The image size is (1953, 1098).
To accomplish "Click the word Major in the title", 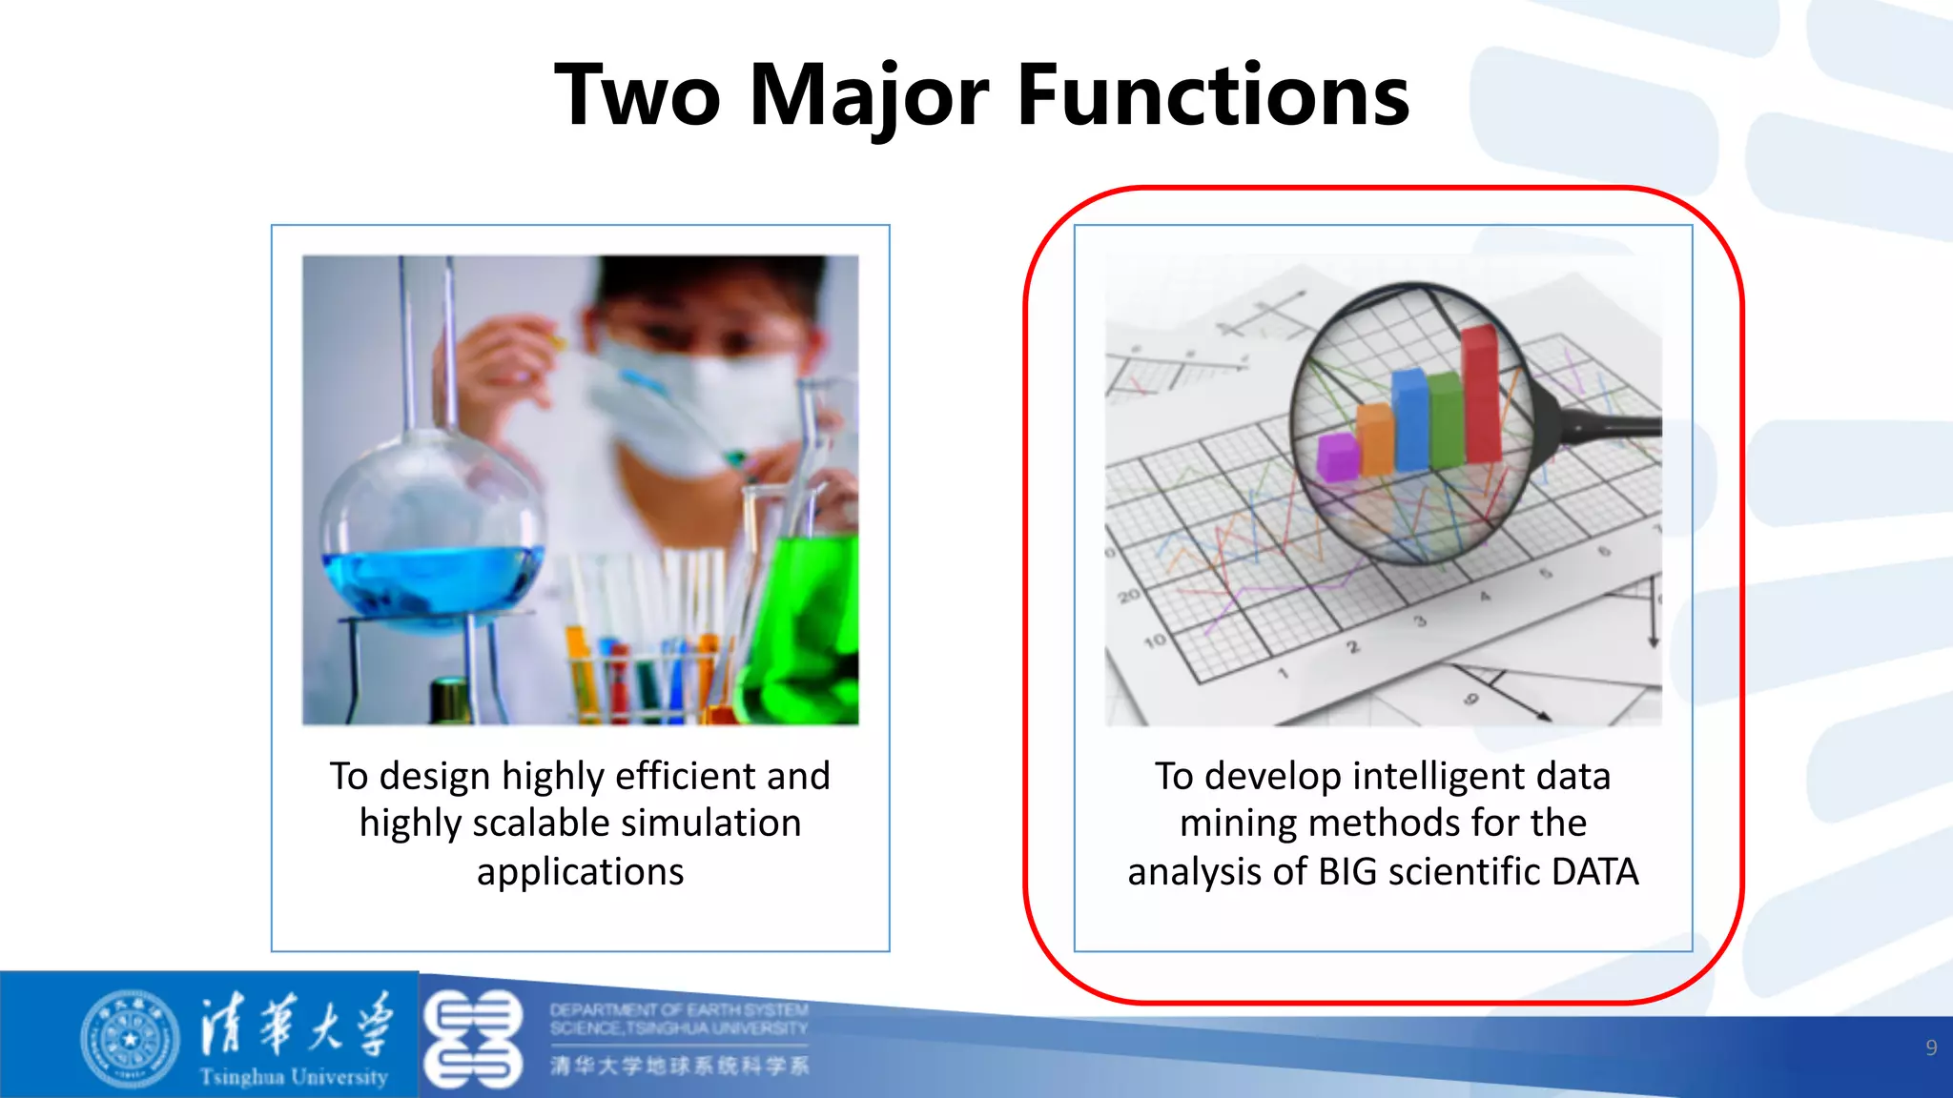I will point(869,95).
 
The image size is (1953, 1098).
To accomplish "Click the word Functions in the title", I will point(1213,95).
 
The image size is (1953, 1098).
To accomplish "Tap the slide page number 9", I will point(1931,1047).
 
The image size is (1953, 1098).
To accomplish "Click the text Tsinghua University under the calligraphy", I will point(294,1077).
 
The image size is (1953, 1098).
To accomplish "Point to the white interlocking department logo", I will point(473,1039).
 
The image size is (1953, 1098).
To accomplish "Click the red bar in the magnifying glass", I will point(1480,393).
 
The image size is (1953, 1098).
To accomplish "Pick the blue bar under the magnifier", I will point(1409,419).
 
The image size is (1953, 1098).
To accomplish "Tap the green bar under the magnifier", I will point(1445,419).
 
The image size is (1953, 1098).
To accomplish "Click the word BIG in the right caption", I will point(1348,871).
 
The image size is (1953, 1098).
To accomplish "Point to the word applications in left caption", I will point(580,871).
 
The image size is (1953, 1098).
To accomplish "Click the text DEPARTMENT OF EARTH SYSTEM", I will point(678,1009).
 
